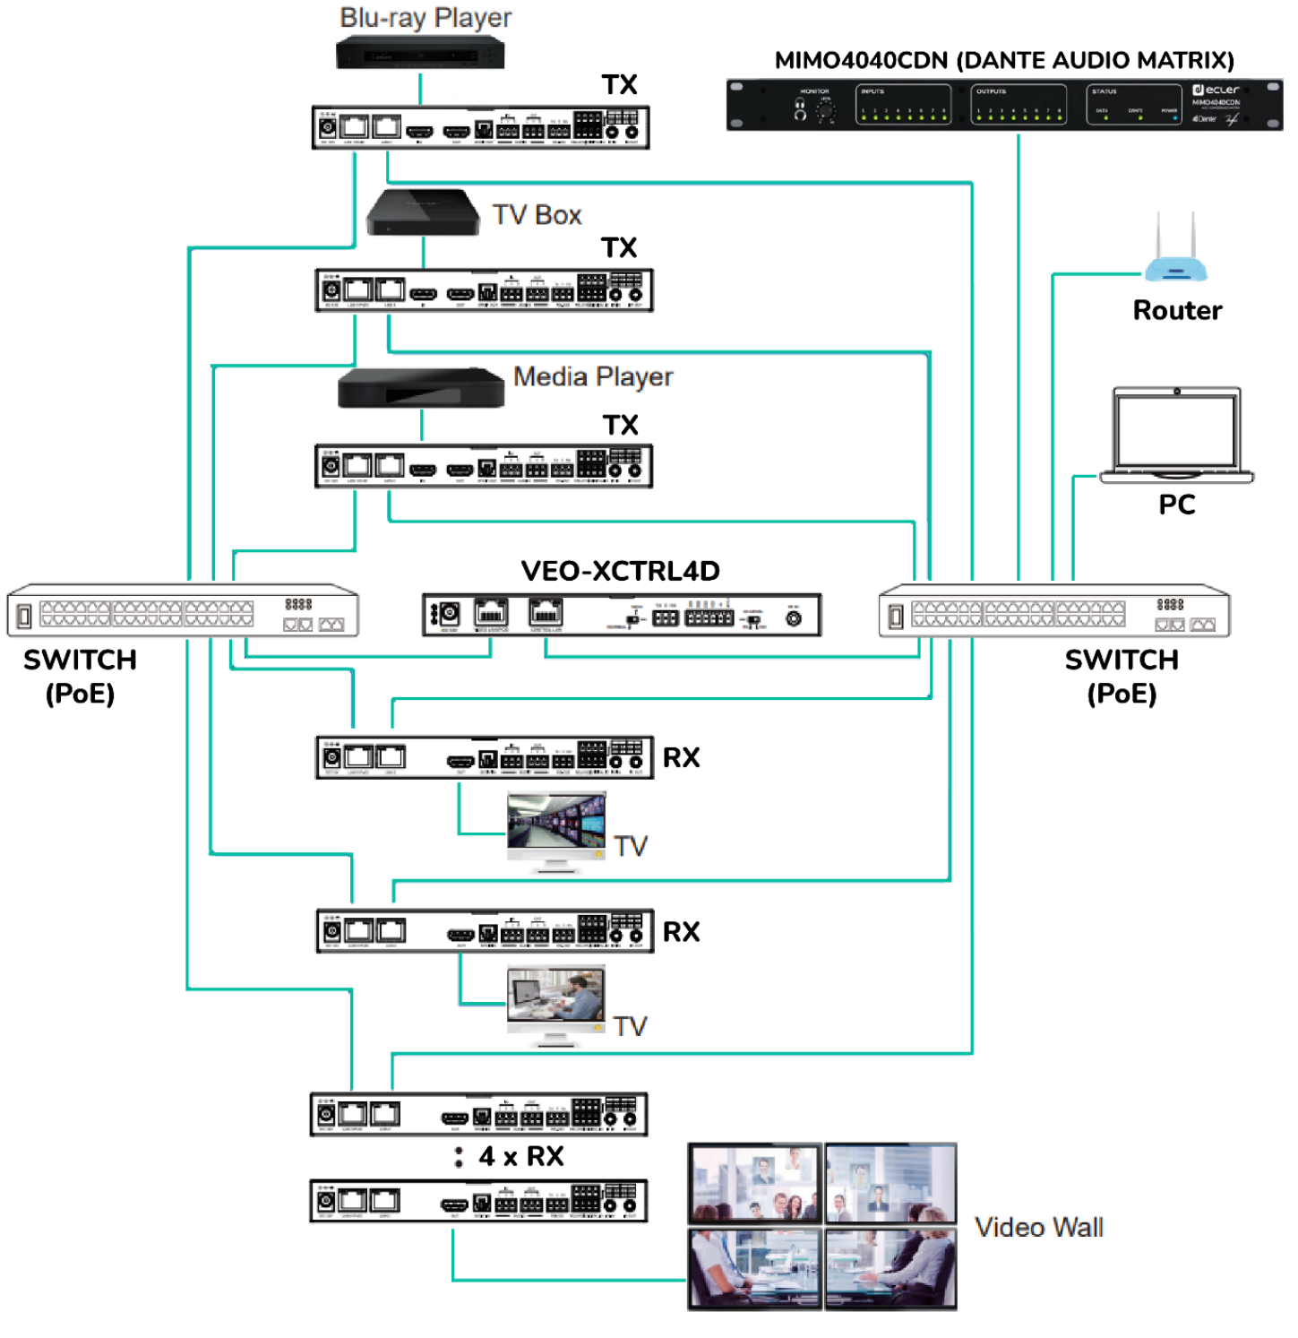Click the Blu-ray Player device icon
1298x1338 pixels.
click(420, 55)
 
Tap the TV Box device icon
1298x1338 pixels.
click(423, 212)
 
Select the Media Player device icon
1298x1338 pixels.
click(420, 389)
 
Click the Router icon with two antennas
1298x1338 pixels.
click(1175, 253)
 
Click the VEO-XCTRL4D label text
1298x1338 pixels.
click(620, 571)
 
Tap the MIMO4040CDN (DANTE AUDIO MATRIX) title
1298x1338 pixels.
click(1004, 60)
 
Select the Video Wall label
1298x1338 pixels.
click(1038, 1227)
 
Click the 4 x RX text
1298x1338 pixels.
click(521, 1156)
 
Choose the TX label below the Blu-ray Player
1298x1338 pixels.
click(619, 85)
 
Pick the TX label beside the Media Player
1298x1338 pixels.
click(620, 425)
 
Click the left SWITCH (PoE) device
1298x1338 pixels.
click(183, 611)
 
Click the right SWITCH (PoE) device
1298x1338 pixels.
click(1054, 611)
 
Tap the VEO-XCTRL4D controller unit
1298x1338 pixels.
click(622, 615)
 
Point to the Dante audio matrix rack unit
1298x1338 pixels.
click(1004, 105)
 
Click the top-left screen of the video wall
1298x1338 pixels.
click(755, 1182)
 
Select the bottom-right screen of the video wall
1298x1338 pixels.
click(890, 1268)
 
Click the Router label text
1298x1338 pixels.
click(1177, 310)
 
